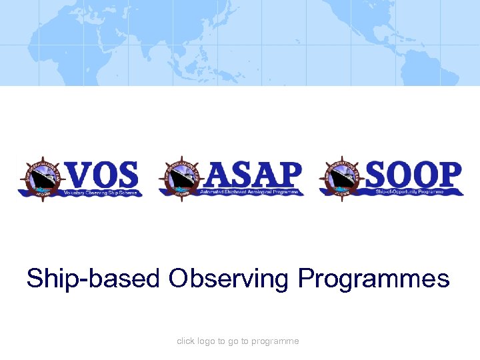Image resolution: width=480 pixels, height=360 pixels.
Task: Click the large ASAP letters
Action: [x=253, y=175]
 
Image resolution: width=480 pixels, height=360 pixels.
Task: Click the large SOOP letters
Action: [x=413, y=175]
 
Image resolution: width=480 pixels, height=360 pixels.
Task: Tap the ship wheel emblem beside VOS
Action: [x=39, y=178]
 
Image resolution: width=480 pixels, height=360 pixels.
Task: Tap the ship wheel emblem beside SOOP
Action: [x=341, y=178]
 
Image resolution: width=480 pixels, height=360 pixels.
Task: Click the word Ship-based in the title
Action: [x=93, y=278]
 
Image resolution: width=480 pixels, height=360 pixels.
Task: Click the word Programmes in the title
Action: [x=373, y=278]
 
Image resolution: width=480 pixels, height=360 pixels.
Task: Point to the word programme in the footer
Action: [x=276, y=341]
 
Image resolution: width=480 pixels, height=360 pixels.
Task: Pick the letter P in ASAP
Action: [x=287, y=175]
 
